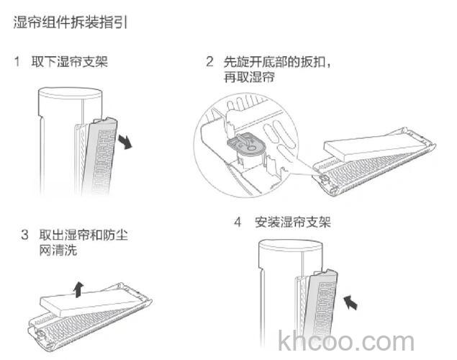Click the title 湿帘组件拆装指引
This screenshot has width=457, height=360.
click(71, 23)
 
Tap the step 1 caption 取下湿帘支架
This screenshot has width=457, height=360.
click(69, 62)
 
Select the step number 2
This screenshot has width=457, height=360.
click(209, 63)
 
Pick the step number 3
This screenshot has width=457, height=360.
click(24, 235)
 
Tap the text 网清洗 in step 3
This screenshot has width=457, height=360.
click(58, 250)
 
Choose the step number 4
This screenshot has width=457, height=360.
click(237, 222)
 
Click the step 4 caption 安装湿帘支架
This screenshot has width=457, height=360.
click(293, 222)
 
